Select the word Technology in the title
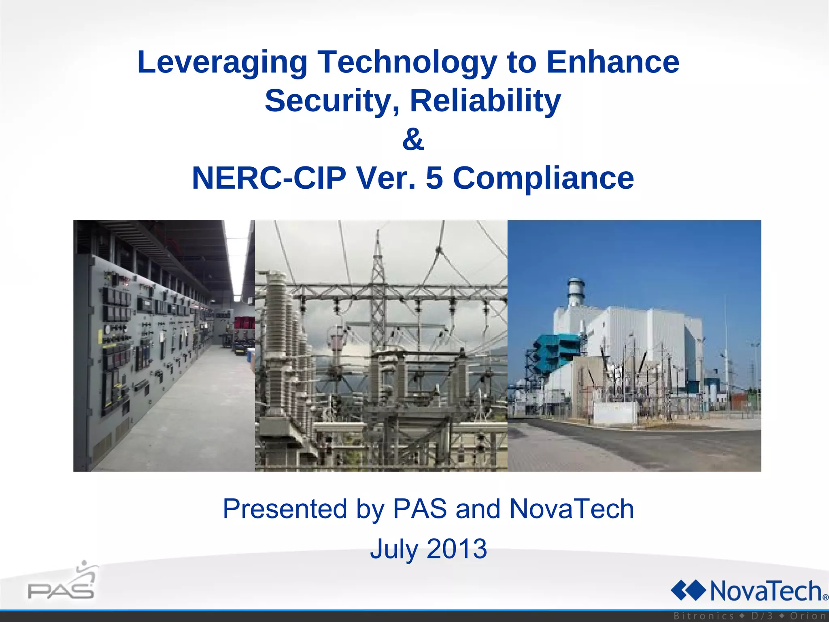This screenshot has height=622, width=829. pyautogui.click(x=407, y=63)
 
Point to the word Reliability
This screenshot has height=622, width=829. pyautogui.click(x=485, y=101)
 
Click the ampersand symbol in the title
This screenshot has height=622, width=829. pyautogui.click(x=413, y=139)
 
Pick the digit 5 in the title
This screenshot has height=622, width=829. pyautogui.click(x=434, y=178)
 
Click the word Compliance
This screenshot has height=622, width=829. pyautogui.click(x=543, y=178)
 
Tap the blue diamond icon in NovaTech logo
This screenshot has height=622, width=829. pyautogui.click(x=688, y=590)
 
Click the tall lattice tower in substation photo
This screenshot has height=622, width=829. pyautogui.click(x=378, y=283)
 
